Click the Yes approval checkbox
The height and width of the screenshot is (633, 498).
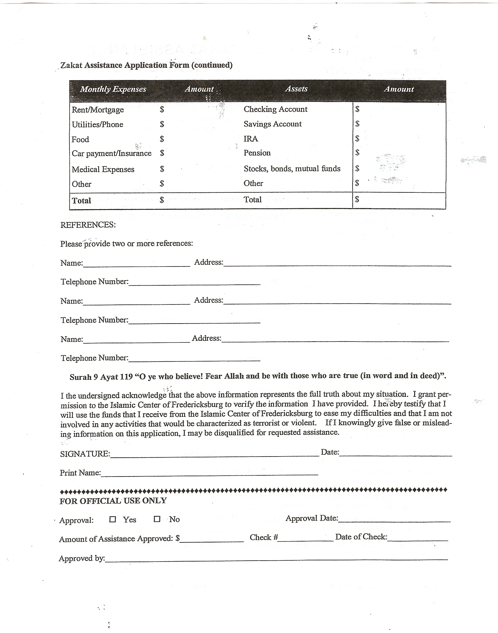[113, 519]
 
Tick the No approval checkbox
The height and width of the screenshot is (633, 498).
[157, 519]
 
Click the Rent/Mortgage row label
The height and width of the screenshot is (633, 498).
[98, 110]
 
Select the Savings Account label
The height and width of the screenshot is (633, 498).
[273, 124]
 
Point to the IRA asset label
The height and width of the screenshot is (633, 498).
[251, 139]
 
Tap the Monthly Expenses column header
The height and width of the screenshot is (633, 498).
[113, 89]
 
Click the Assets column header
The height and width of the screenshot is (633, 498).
[296, 89]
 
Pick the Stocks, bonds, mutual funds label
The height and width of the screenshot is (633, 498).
[292, 169]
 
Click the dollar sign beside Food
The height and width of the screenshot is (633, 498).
[162, 139]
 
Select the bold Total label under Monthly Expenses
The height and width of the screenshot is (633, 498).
[81, 201]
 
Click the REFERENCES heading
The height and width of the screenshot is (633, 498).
[88, 225]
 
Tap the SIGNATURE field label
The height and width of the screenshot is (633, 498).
[85, 454]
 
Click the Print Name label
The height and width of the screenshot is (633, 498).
[80, 473]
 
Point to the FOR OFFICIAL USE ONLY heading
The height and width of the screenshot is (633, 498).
[113, 501]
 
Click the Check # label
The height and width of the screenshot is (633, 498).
[264, 537]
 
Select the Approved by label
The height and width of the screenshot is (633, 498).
[82, 558]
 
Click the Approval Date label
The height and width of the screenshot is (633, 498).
[312, 518]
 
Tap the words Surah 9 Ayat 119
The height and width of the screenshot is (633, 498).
[101, 377]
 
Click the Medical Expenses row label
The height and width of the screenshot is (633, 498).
[103, 169]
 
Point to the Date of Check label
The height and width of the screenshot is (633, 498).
[361, 537]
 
